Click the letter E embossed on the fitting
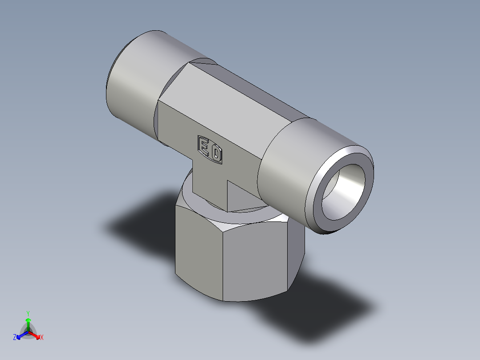(203, 146)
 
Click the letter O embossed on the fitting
(216, 153)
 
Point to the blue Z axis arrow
(22, 335)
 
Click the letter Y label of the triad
(28, 314)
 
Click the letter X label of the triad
(42, 337)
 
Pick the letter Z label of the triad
(14, 337)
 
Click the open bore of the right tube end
(343, 192)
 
